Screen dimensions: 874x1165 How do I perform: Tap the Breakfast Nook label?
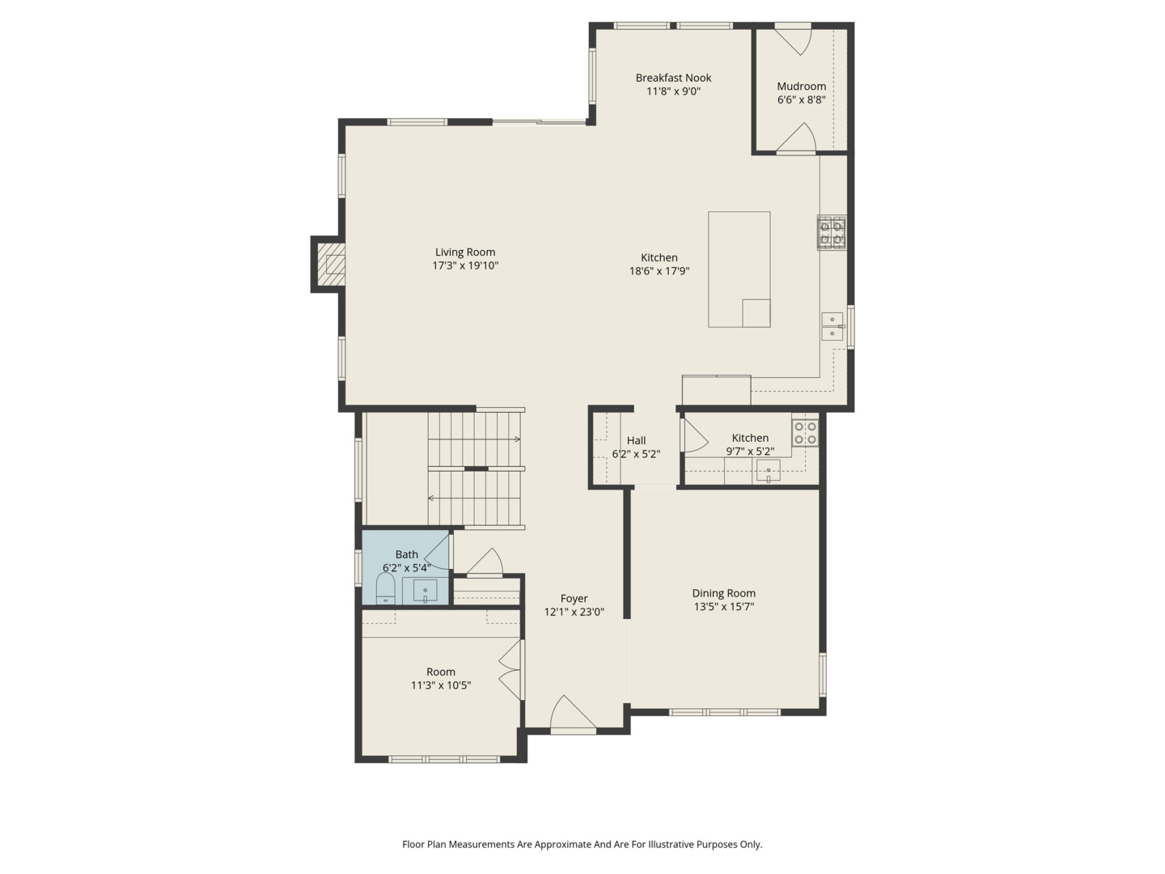coord(673,78)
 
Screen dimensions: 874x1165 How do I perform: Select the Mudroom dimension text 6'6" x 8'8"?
coord(801,100)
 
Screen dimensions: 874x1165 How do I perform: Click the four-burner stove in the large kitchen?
coord(832,232)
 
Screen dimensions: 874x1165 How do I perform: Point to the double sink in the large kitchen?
coord(832,326)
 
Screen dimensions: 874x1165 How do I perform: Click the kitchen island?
coord(739,269)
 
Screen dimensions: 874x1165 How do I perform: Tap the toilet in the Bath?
coord(385,588)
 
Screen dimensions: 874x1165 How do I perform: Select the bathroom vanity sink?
coord(425,591)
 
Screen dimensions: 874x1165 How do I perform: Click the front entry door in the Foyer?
coord(574,715)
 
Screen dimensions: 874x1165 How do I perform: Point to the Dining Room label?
coord(723,593)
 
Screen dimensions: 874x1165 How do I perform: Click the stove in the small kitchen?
coord(805,433)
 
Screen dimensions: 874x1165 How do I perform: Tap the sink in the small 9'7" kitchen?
coord(768,471)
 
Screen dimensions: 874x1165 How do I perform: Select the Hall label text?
coord(636,441)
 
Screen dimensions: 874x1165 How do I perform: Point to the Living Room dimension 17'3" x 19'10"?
coord(465,265)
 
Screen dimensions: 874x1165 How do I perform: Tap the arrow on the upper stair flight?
coord(515,439)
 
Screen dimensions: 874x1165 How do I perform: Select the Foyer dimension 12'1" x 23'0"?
coord(574,613)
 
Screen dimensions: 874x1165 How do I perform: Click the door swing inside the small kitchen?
coord(694,437)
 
